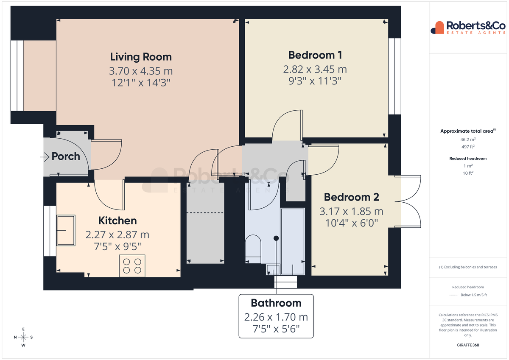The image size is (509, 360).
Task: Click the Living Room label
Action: [x=141, y=57]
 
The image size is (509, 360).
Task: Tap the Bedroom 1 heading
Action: [x=315, y=55]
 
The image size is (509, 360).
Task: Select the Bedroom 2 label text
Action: [x=352, y=197]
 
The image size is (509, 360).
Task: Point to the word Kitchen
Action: [x=117, y=220]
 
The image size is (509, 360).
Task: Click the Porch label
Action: [x=66, y=156]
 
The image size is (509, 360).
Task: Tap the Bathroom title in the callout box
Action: [x=276, y=303]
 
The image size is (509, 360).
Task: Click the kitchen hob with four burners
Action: [x=132, y=266]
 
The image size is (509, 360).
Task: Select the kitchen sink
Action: [x=66, y=230]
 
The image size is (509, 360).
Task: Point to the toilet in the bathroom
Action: [x=253, y=249]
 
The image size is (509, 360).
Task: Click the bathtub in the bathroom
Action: [x=293, y=241]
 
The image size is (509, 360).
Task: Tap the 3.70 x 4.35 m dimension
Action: [x=141, y=71]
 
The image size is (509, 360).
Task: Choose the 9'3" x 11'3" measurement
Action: [x=315, y=81]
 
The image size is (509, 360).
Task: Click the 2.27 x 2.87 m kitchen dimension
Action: [x=117, y=235]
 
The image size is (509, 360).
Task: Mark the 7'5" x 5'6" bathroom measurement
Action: [x=276, y=329]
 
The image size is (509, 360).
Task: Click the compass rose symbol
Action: [x=23, y=337]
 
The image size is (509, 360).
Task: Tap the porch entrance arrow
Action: [x=45, y=157]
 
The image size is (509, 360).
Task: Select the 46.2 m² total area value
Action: [x=468, y=140]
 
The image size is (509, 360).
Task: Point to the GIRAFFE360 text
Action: [x=468, y=345]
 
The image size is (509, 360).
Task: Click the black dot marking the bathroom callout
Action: [x=276, y=238]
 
